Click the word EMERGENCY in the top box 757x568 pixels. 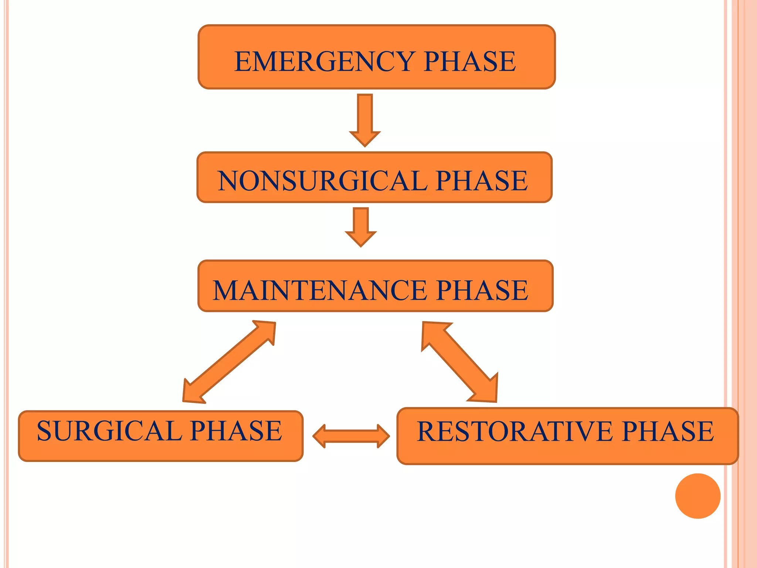pos(325,61)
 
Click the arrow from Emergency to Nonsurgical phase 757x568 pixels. pos(365,118)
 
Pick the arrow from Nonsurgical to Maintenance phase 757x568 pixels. pos(361,226)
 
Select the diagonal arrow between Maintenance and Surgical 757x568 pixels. pos(229,362)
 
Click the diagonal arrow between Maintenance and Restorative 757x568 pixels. pos(460,362)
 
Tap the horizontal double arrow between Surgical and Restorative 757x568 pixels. pos(351,436)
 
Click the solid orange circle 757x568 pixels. pos(697,496)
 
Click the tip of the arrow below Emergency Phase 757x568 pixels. pos(365,145)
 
